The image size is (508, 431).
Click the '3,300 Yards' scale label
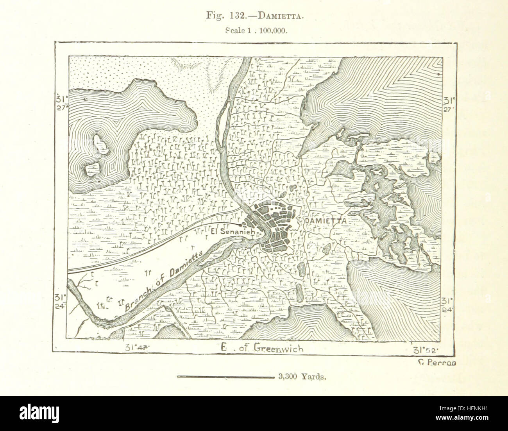(x=302, y=377)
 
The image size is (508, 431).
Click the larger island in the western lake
(x=101, y=143)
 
